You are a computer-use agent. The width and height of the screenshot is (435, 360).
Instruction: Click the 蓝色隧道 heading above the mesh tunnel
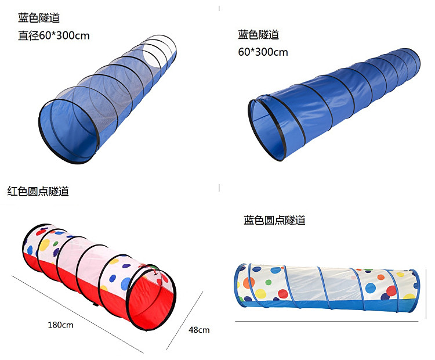[x=39, y=19]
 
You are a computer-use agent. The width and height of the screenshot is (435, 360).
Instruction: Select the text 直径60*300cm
[x=54, y=35]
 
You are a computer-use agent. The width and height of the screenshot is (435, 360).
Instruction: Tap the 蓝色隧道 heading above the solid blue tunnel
[x=258, y=35]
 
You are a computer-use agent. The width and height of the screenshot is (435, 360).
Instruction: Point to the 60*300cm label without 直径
[x=263, y=52]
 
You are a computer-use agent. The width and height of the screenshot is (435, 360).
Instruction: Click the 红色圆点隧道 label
[x=38, y=191]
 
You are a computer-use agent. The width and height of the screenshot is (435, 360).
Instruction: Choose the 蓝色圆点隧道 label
[x=274, y=220]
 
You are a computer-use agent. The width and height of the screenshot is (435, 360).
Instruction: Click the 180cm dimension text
[x=60, y=325]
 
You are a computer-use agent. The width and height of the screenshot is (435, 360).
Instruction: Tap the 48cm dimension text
[x=199, y=330]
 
